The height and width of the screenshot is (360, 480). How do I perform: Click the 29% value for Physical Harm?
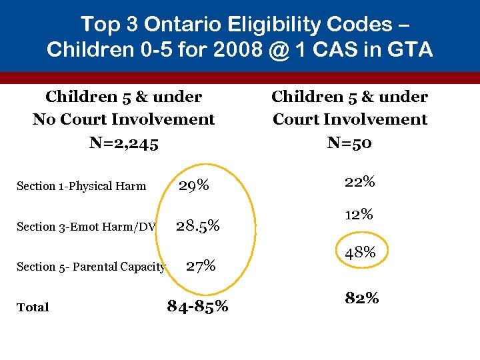click(193, 185)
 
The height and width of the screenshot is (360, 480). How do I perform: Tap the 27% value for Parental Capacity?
click(200, 266)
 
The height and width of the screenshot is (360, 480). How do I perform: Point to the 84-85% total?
click(197, 306)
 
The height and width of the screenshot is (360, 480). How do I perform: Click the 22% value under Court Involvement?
click(359, 181)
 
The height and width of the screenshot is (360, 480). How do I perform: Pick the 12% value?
click(358, 215)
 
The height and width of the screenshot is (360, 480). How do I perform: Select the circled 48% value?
click(360, 253)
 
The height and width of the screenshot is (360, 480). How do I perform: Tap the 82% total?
click(361, 298)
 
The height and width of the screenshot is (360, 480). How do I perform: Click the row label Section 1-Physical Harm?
click(81, 186)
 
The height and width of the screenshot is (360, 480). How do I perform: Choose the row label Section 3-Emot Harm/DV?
click(85, 227)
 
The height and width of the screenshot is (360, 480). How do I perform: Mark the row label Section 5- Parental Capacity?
click(91, 267)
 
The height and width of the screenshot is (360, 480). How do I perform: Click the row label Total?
click(33, 307)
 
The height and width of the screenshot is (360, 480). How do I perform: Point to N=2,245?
click(123, 142)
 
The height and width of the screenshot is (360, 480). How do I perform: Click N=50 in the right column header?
click(349, 142)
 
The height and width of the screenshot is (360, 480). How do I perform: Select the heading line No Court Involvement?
click(123, 119)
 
